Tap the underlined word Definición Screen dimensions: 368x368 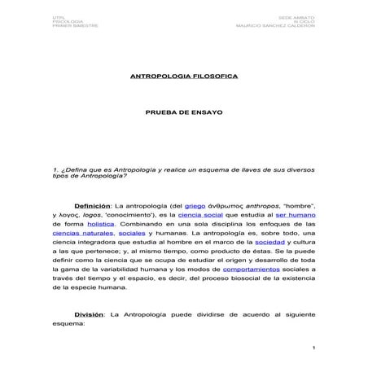(92, 207)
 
